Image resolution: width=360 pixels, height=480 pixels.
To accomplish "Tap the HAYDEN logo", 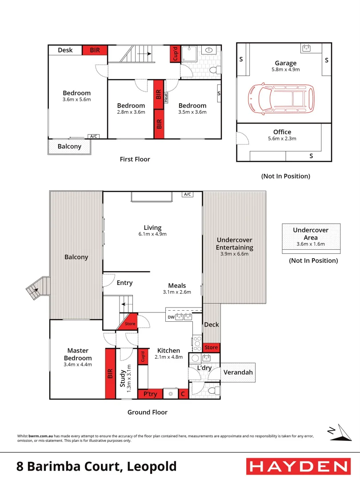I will coord(298,466).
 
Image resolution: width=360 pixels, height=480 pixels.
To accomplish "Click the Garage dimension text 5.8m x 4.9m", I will coord(285,70).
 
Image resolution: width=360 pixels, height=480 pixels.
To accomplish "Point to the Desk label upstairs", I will coord(65,50).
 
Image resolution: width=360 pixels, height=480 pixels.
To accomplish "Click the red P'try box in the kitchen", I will coord(150,394).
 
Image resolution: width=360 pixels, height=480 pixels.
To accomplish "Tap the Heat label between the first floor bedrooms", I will coord(166,97).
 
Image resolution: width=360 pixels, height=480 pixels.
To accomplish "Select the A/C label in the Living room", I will coord(187,195).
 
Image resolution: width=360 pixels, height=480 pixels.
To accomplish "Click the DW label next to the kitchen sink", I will coord(171,317).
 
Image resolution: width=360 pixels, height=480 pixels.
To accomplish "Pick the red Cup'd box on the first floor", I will coord(175,54).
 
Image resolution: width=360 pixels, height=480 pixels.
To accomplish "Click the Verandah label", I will coord(238,372).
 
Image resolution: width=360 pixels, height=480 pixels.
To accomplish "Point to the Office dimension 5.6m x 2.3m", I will coord(282,139).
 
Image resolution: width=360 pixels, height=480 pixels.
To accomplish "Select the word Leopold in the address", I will coord(152,467).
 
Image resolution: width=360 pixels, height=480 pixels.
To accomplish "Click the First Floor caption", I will coord(135,159).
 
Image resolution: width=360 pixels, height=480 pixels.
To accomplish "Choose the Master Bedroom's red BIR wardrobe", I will coord(110,373).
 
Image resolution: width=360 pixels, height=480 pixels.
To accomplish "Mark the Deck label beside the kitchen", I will coord(212,324).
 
